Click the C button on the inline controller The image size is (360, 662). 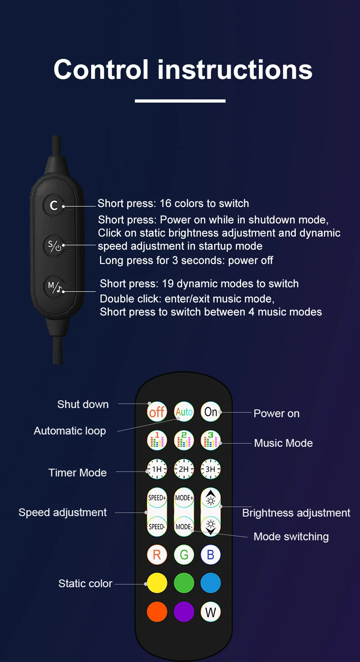tap(54, 205)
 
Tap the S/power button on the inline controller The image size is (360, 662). tap(54, 246)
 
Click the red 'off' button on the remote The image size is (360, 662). tap(157, 412)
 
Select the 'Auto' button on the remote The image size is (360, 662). tap(184, 412)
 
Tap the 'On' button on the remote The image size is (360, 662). tap(211, 412)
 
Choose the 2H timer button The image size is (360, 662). tap(184, 469)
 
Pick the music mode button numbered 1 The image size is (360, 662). tap(157, 440)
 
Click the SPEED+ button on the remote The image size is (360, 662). tap(157, 498)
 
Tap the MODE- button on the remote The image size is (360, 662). tap(184, 527)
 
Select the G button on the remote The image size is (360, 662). tap(184, 555)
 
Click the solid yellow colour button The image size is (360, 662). tap(157, 583)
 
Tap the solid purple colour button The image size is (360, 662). tap(184, 612)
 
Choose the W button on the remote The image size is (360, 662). tap(211, 612)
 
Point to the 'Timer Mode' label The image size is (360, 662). tap(77, 472)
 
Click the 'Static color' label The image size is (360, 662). tap(85, 584)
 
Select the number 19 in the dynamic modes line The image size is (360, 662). tap(168, 284)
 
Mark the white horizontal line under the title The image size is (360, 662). tap(180, 101)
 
